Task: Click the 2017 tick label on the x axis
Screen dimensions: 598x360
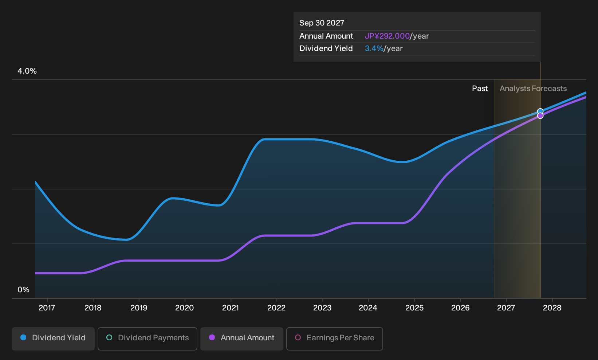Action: pyautogui.click(x=47, y=308)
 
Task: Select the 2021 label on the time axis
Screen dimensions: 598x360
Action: pyautogui.click(x=231, y=308)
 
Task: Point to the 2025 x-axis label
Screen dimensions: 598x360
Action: pyautogui.click(x=414, y=308)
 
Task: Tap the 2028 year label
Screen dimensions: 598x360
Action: pyautogui.click(x=552, y=308)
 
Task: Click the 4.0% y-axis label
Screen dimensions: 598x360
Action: pyautogui.click(x=27, y=71)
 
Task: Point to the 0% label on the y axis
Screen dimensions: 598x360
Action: pyautogui.click(x=24, y=290)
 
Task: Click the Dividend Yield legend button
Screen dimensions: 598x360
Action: pyautogui.click(x=53, y=339)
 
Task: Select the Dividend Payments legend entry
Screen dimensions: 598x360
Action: pyautogui.click(x=147, y=339)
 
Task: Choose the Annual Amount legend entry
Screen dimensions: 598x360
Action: pyautogui.click(x=241, y=339)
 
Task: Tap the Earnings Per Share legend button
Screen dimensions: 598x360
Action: pyautogui.click(x=334, y=339)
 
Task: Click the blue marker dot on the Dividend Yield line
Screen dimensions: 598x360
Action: pyautogui.click(x=540, y=111)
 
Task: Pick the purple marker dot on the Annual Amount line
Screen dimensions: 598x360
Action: pyautogui.click(x=540, y=116)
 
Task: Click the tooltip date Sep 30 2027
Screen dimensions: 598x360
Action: pyautogui.click(x=322, y=23)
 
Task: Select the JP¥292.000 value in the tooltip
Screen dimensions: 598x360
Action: pyautogui.click(x=387, y=36)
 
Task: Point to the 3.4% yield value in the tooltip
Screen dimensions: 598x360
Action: pyautogui.click(x=374, y=48)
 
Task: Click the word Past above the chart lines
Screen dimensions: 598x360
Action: pyautogui.click(x=480, y=89)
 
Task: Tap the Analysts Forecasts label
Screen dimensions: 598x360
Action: pyautogui.click(x=533, y=89)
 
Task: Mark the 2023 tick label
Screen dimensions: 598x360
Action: pyautogui.click(x=322, y=308)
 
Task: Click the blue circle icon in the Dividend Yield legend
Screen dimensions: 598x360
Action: pyautogui.click(x=24, y=337)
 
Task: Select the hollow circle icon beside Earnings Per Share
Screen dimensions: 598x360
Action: pyautogui.click(x=298, y=337)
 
